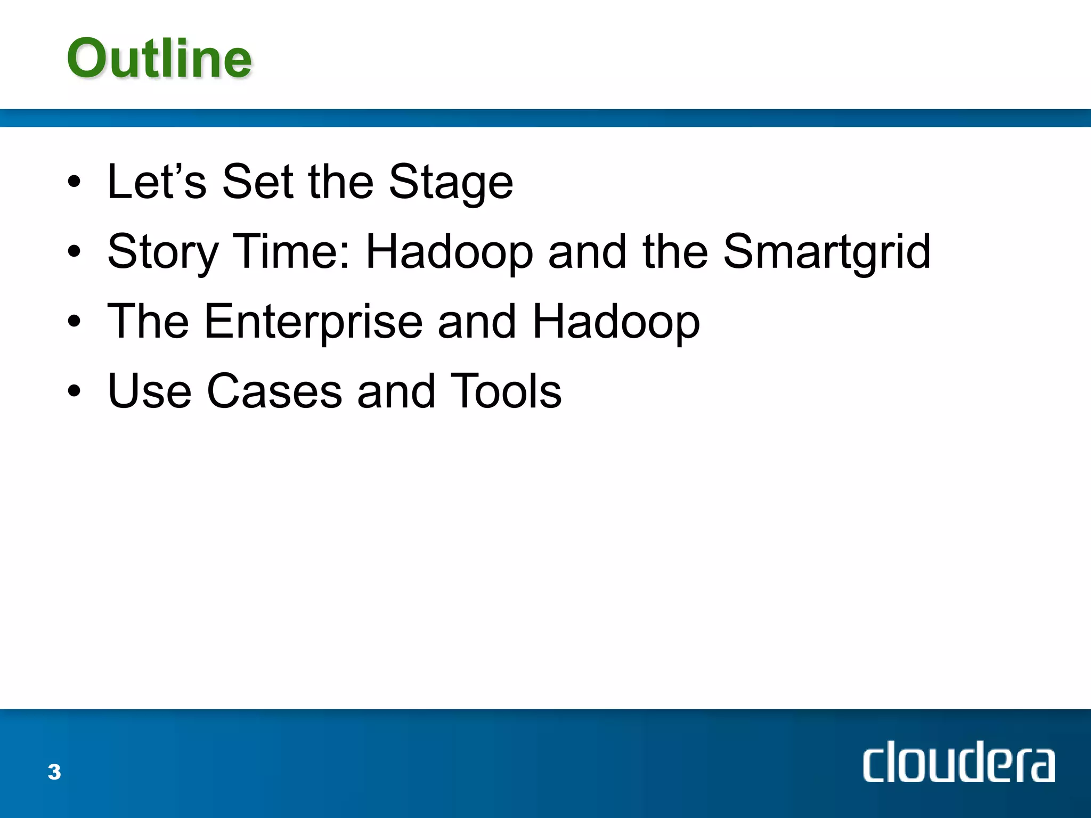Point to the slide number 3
54,772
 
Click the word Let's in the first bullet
157,182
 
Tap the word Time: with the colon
292,251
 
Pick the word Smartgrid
826,252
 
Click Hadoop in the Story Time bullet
449,252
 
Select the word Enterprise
314,322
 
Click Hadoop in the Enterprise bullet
616,322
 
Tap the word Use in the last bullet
149,391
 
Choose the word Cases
274,391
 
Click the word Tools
506,391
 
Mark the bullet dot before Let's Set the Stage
75,183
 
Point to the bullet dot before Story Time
75,252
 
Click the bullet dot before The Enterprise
75,322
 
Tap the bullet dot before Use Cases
75,392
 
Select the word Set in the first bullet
258,182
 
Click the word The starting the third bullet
148,321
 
